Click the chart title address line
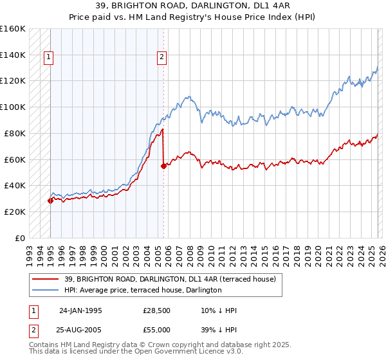[x=192, y=6]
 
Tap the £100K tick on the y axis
[x=13, y=107]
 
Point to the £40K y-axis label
[x=15, y=185]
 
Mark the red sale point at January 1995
[x=50, y=201]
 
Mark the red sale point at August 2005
[x=163, y=166]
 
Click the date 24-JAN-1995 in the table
[x=80, y=310]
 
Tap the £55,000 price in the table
[x=156, y=329]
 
